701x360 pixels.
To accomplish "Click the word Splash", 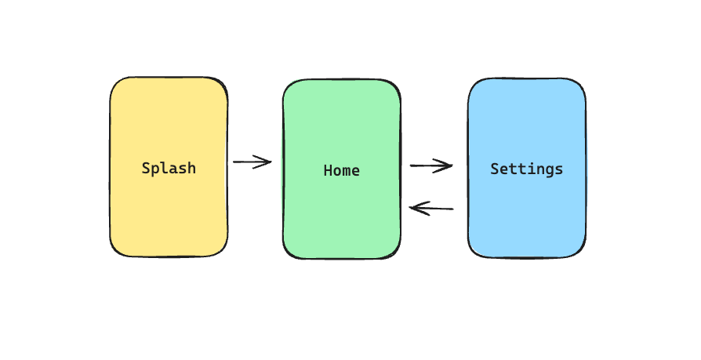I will coord(169,168).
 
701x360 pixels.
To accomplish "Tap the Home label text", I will coord(342,170).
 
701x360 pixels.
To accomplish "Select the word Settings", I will coord(526,169).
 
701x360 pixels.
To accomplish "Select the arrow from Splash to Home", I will coord(252,162).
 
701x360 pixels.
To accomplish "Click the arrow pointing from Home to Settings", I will coord(431,165).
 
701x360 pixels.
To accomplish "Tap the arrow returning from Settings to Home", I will coord(431,208).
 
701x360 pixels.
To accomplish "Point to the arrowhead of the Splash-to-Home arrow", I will coord(268,162).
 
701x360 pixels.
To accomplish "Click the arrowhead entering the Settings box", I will coord(449,165).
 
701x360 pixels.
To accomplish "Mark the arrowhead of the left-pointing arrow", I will coord(413,208).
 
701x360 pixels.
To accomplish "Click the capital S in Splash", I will coord(146,168).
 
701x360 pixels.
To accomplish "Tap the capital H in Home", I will coord(328,170).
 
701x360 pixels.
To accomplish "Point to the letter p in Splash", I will coord(155,169).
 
